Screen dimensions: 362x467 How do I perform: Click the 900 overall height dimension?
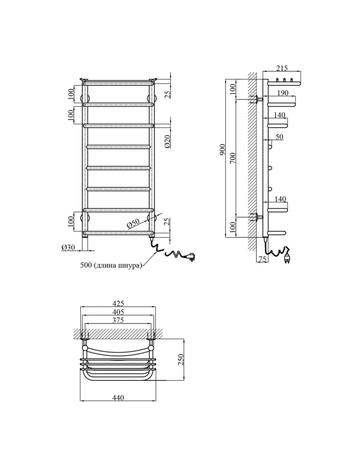pos(222,150)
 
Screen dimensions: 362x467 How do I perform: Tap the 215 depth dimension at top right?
pos(282,68)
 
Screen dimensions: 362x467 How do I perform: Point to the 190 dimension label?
pos(283,93)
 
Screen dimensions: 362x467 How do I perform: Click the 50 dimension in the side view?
pos(279,137)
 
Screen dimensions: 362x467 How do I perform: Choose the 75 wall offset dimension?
pos(262,259)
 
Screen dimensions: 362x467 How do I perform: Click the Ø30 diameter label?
pos(68,247)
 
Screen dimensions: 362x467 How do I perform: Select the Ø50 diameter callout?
pos(133,224)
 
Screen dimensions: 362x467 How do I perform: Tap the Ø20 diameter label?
pos(168,142)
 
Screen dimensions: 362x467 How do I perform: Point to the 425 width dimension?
pos(118,303)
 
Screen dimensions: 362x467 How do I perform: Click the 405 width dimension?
pos(118,312)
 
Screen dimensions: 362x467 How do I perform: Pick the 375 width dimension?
pos(118,320)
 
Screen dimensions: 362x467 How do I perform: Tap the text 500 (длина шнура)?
pos(111,265)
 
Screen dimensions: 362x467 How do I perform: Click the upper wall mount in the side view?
pos(257,99)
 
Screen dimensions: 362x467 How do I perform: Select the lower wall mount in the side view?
pos(257,217)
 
